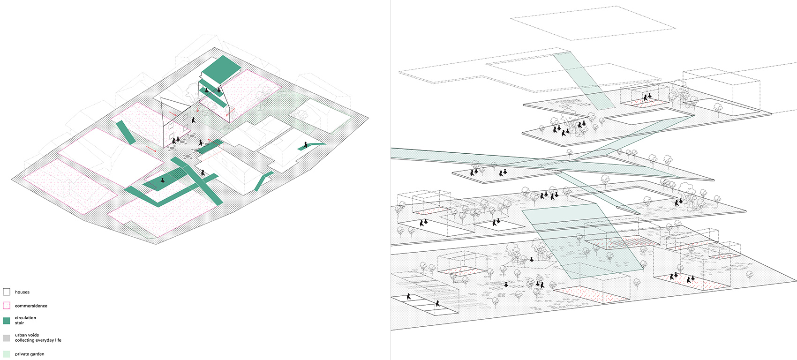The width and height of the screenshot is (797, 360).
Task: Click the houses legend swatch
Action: coord(7,292)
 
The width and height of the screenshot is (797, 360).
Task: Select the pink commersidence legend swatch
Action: coord(7,305)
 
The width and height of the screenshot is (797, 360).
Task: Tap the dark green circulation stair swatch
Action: coord(7,321)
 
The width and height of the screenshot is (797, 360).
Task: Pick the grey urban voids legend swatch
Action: coord(7,338)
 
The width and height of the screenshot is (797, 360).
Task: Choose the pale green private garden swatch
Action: coord(7,354)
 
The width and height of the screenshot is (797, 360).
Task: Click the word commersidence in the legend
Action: coord(31,306)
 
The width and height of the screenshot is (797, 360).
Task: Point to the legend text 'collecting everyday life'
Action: coord(38,340)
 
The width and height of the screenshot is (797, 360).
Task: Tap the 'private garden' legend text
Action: coord(30,354)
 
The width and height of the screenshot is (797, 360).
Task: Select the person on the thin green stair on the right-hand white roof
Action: coord(306,145)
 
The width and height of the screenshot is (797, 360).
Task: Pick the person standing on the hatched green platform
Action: coord(163,180)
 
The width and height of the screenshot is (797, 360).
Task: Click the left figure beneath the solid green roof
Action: coord(206,91)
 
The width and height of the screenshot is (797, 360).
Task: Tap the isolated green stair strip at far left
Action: coord(126,132)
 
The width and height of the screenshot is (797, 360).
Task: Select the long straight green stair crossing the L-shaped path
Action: coord(197,181)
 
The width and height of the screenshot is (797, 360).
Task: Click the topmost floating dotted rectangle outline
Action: coord(593,23)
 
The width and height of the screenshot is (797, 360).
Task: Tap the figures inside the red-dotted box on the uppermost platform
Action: coord(647,97)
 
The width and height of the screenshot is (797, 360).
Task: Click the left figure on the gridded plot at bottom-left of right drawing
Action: coord(409,296)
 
